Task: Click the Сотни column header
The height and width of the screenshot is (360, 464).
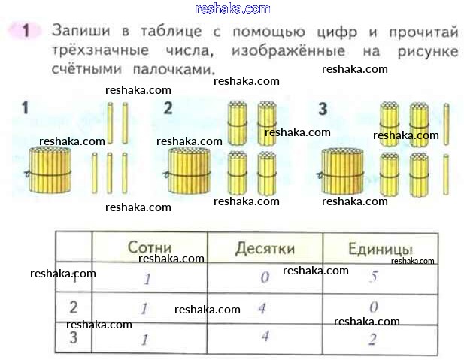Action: (150, 247)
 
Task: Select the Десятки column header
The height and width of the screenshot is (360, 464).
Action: (265, 249)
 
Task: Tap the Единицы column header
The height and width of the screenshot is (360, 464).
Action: (381, 249)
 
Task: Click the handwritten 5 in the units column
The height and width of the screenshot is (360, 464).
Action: (374, 277)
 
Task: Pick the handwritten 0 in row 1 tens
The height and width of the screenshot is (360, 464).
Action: (265, 277)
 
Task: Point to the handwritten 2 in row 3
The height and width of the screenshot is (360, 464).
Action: (373, 339)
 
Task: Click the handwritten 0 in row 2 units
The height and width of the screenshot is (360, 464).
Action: (374, 307)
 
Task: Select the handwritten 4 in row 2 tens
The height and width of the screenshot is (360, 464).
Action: (262, 309)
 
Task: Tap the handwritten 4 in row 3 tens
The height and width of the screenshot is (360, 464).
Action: (265, 336)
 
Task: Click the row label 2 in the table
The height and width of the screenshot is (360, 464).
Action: (74, 307)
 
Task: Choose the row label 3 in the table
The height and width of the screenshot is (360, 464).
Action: (74, 337)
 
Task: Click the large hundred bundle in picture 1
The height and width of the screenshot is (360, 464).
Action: (50, 170)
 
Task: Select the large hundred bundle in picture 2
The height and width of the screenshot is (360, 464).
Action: (189, 171)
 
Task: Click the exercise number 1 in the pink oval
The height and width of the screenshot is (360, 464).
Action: (26, 31)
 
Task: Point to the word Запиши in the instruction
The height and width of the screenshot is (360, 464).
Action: (81, 31)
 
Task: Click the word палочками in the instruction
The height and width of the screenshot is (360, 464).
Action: (173, 70)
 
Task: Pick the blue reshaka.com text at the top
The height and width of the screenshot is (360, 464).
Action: (233, 8)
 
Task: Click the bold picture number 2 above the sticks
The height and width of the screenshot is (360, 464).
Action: (168, 108)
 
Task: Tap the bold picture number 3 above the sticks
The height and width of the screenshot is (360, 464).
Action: (323, 108)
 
